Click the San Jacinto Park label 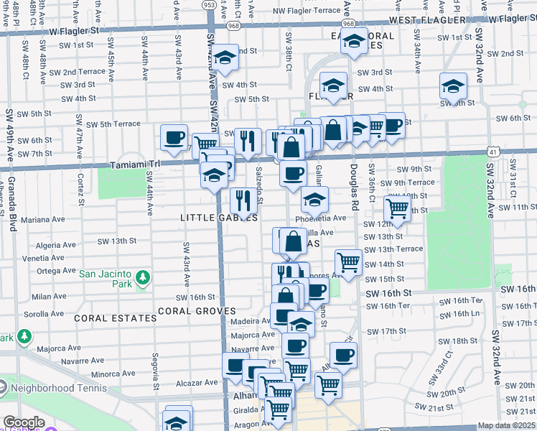(x=106, y=278)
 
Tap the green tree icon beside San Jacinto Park (x=143, y=277)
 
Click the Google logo (x=24, y=422)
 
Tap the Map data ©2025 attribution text (x=507, y=425)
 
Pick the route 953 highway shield (x=209, y=5)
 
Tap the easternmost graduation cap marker (x=454, y=87)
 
